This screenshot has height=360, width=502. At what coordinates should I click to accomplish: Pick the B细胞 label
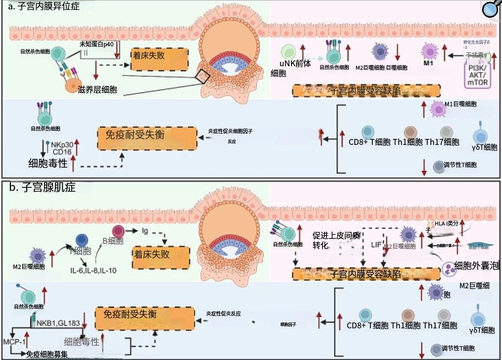pos(112,241)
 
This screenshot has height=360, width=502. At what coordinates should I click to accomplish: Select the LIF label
pos(376,245)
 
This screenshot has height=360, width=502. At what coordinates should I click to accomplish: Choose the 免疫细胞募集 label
pos(47,354)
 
